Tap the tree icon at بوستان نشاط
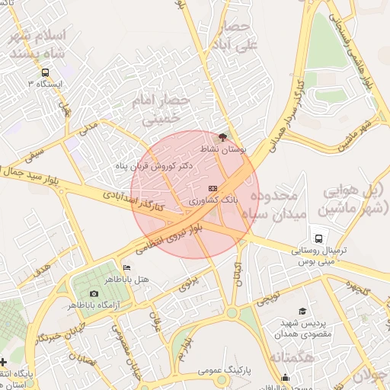[x=222, y=138]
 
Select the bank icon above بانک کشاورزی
[x=213, y=187]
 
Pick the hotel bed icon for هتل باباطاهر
[x=126, y=267]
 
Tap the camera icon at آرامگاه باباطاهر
[x=94, y=293]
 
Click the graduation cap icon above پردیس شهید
[x=302, y=312]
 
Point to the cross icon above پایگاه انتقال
[x=5, y=361]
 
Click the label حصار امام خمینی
[x=158, y=109]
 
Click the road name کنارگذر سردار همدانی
[x=283, y=110]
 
